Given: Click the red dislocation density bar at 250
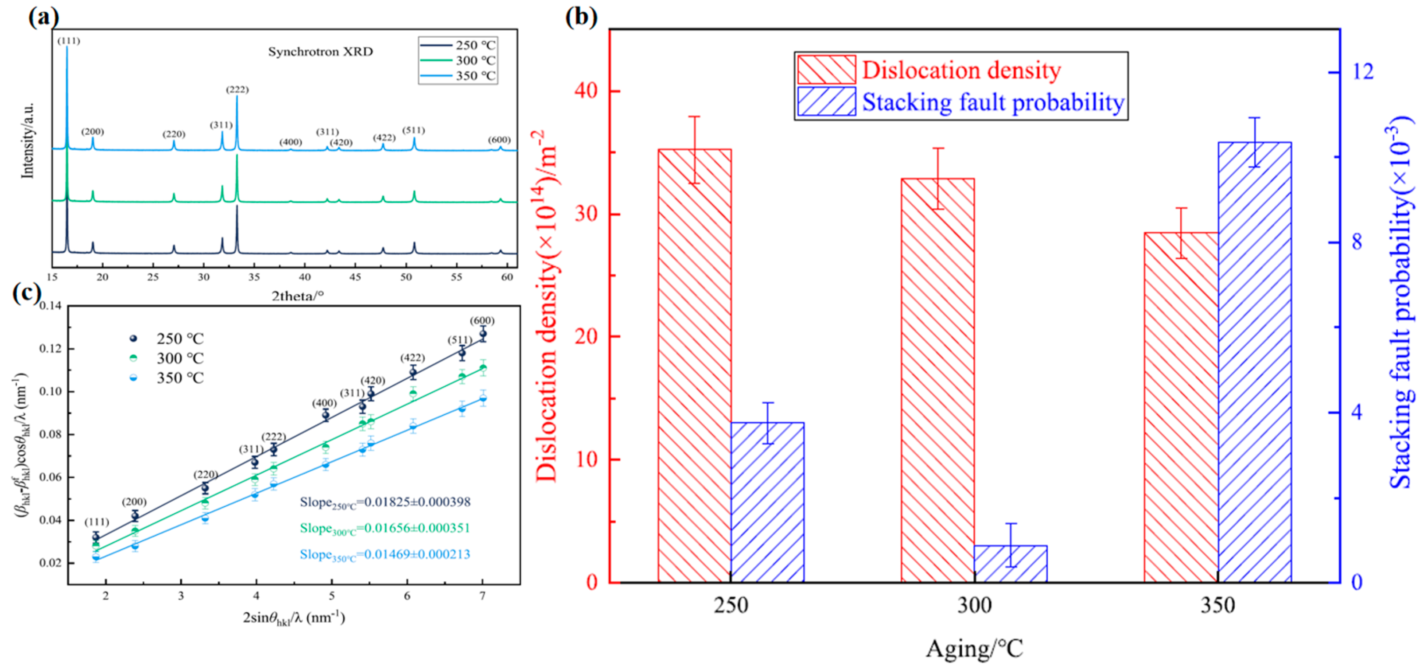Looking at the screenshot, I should coord(694,365).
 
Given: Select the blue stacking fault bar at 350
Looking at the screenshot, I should coord(1254,362).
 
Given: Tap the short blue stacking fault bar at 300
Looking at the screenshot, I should coord(1010,563).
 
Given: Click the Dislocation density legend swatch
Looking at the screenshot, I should coord(826,70).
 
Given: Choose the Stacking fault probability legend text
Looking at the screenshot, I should coord(993,102).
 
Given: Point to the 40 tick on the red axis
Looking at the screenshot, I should coord(587,91).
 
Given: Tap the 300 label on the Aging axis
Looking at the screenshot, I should coord(974,606).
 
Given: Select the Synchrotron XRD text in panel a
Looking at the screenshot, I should coord(320,52).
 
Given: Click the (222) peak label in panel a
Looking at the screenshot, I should coord(237,89).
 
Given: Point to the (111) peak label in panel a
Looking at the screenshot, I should coord(68,41).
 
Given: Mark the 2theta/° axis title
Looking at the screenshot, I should coord(297,296).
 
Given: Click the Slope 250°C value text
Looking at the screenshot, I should coord(385,502).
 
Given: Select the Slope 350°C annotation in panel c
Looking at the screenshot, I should coord(385,555).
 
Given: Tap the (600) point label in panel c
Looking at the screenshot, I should coord(482,321).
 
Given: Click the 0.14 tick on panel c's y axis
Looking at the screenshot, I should coord(51,306).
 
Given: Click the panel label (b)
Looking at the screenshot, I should coord(581,17).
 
